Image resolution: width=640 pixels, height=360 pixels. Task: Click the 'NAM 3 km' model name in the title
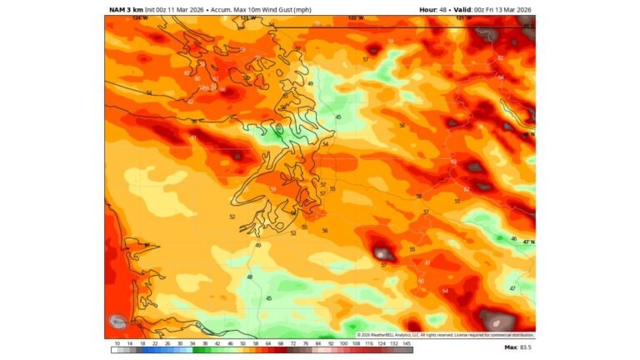tap(126, 10)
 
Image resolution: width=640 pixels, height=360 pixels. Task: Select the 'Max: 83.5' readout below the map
tap(517, 347)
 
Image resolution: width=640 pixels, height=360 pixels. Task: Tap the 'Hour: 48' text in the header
tap(433, 10)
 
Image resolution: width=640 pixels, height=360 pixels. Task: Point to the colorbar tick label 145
tap(406, 342)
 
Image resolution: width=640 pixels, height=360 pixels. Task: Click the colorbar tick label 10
tap(117, 342)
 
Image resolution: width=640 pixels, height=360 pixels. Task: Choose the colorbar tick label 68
tap(281, 342)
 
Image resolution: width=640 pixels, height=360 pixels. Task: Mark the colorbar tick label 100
tap(343, 342)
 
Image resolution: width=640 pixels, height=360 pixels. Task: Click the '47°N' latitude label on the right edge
tap(527, 242)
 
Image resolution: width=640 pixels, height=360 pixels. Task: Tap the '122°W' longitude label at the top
tap(356, 17)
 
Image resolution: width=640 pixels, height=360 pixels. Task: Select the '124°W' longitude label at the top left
tap(139, 17)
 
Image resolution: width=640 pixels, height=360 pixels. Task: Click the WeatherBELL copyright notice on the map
tap(445, 335)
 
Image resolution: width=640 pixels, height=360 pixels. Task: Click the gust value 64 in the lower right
tap(445, 291)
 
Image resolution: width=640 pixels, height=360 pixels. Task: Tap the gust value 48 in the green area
tap(250, 277)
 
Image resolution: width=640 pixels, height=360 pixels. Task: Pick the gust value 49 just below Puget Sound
tap(258, 245)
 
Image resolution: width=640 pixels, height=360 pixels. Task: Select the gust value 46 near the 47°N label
tap(513, 238)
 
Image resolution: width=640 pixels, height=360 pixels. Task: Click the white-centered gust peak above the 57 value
tap(382, 253)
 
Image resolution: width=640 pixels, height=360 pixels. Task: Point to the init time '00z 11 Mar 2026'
tap(174, 10)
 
